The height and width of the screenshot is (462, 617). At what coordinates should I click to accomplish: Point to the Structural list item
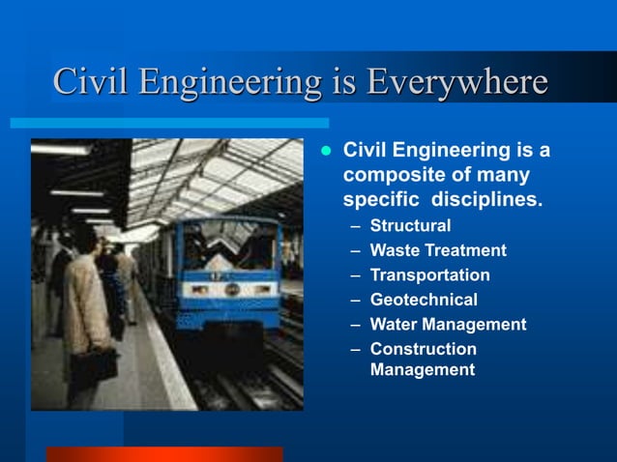[410, 226]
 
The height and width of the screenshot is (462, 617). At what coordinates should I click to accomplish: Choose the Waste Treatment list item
[437, 250]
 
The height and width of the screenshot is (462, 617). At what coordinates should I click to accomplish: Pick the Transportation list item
[429, 275]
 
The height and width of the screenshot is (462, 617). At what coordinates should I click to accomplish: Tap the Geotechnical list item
[424, 300]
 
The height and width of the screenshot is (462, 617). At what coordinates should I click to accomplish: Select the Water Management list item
[448, 325]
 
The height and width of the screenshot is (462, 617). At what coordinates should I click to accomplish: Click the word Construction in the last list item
[423, 349]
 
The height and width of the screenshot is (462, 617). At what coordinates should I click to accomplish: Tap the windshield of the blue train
[229, 245]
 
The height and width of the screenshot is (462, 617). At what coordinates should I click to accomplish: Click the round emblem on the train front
[232, 289]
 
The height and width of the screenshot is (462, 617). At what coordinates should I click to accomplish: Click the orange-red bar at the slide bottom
[164, 454]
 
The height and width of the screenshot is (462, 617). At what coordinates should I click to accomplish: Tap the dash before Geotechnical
[356, 301]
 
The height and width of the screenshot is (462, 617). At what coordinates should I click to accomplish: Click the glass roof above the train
[222, 169]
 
